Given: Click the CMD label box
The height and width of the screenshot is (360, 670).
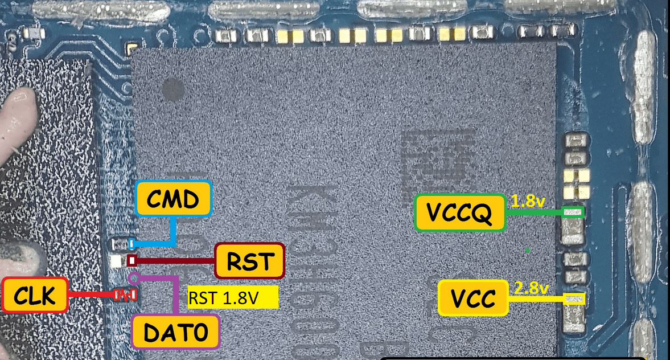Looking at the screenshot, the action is point(173,199).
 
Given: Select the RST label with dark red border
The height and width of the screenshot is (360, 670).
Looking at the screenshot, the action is point(249,261).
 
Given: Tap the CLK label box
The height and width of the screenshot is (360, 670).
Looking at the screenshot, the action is point(35,296).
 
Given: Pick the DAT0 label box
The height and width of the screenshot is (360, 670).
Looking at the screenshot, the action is point(175,332).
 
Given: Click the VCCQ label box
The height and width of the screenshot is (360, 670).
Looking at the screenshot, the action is point(460,213).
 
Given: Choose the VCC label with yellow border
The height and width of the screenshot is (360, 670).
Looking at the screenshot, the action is point(473,298).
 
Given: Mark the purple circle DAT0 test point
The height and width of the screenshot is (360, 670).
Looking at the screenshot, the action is point(134,278).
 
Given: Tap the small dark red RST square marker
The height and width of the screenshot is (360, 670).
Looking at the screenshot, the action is point(132,261).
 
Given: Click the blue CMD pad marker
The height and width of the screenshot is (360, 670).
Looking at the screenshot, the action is point(131,244).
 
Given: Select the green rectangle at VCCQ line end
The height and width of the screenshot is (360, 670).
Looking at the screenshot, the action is point(573,212).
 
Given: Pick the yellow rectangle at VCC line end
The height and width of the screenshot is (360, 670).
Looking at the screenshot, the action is point(574,298).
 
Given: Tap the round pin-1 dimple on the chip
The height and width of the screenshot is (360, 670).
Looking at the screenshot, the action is point(173,89).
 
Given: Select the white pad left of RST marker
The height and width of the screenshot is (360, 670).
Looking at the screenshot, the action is point(117,261).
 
